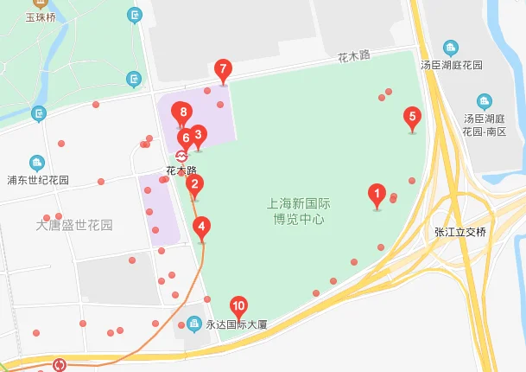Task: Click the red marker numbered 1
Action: (x=377, y=194)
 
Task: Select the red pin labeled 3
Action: (x=198, y=135)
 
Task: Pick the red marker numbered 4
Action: (x=202, y=229)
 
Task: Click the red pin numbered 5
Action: (x=412, y=117)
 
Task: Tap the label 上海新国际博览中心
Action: (x=298, y=212)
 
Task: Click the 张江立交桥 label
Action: (x=461, y=231)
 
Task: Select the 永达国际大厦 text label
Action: (x=238, y=326)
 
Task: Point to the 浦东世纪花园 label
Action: (x=38, y=181)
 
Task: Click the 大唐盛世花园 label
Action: (x=74, y=225)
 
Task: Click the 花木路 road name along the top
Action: (x=353, y=55)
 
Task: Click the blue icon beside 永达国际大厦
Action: (x=193, y=325)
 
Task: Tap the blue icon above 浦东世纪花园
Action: (x=37, y=163)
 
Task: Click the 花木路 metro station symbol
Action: (x=181, y=156)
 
